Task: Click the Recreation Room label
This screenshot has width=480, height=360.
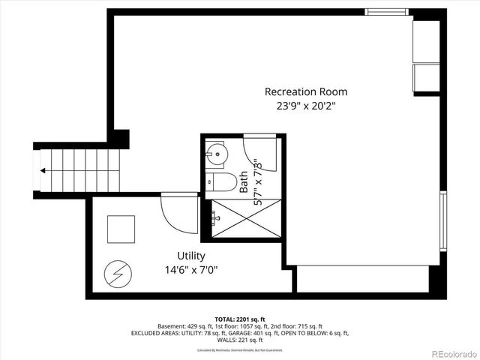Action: (x=305, y=91)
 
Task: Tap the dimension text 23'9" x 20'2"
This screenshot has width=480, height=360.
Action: (x=305, y=106)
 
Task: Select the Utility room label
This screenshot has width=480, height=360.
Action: (x=191, y=256)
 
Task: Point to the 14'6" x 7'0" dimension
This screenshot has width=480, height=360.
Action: (x=191, y=270)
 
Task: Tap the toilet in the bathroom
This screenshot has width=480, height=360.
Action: (x=217, y=182)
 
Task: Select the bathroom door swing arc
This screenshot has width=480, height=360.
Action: (x=260, y=154)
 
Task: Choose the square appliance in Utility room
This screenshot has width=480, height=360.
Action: (x=121, y=229)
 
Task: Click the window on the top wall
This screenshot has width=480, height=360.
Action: (x=387, y=12)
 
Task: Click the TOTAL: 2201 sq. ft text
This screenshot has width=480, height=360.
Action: (x=241, y=319)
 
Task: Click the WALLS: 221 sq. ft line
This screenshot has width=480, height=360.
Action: (x=241, y=340)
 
